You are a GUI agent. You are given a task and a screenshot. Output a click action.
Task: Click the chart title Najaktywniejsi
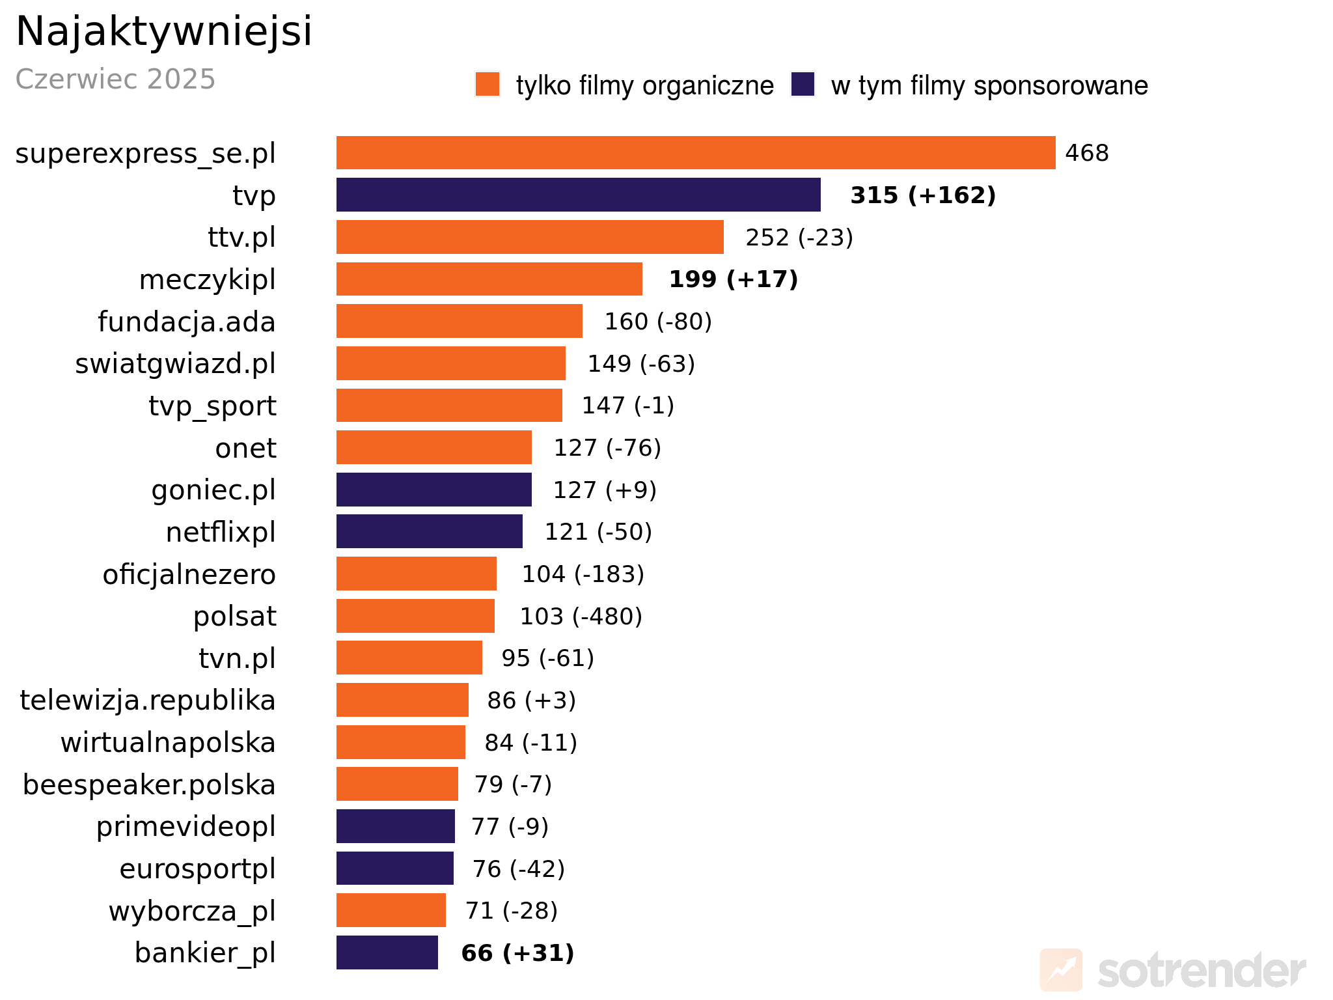coord(163,31)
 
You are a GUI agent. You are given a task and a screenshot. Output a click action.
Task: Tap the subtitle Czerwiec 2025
coord(115,79)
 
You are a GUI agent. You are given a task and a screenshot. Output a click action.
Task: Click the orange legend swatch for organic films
coord(488,85)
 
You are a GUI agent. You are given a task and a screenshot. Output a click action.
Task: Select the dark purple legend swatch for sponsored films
coord(803,85)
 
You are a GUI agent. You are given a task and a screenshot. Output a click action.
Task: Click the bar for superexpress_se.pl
coord(695,153)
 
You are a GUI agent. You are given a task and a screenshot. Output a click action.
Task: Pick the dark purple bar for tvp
coord(578,195)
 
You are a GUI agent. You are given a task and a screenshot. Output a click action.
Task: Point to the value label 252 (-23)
coord(799,238)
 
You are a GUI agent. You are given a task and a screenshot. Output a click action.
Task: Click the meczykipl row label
coord(207,279)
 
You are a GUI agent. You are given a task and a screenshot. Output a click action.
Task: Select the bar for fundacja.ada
coord(459,321)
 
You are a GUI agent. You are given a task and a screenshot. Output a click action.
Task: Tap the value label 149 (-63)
coord(641,363)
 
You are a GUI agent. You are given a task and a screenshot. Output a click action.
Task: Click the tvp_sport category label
coord(212,406)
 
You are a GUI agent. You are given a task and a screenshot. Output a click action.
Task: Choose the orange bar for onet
coord(433,447)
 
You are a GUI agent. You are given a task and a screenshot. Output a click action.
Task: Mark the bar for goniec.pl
coord(433,490)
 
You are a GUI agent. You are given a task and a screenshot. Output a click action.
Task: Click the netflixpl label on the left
coord(221,532)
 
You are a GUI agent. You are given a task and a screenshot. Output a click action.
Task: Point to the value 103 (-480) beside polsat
coord(581,616)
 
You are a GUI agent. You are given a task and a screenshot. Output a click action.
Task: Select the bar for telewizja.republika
coord(402,700)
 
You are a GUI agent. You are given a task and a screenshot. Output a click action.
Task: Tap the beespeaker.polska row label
coord(149,785)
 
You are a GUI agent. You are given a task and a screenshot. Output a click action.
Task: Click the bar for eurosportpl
coord(394,868)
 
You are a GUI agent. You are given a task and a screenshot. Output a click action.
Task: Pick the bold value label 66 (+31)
coord(517,953)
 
